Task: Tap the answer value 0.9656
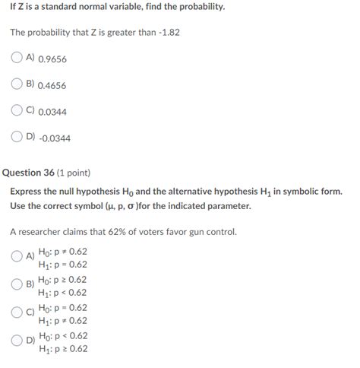coord(52,58)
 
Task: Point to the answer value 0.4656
coord(52,85)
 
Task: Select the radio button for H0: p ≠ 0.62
coord(17,257)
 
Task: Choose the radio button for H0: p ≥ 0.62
coord(17,284)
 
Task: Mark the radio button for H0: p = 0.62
coord(17,312)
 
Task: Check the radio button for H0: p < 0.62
coord(17,340)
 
